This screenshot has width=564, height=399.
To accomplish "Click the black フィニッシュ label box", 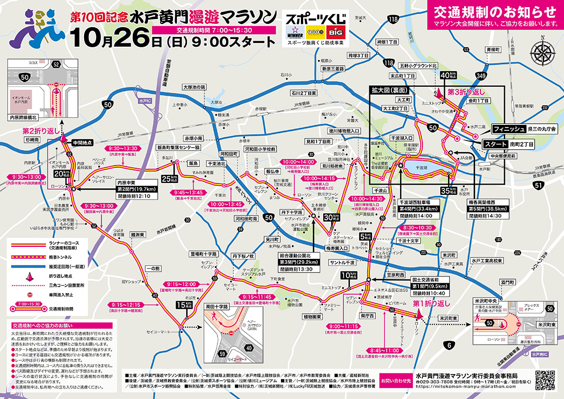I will click(x=507, y=129).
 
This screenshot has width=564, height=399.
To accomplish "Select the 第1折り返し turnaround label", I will click(x=432, y=303).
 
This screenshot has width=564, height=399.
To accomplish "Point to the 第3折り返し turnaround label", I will click(x=465, y=92).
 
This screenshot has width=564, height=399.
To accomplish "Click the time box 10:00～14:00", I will click(x=298, y=161).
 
